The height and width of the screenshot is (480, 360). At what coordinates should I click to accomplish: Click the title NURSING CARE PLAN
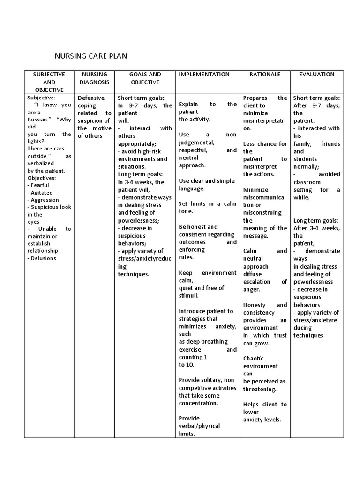click(91, 56)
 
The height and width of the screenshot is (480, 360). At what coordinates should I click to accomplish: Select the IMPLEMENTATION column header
click(204, 75)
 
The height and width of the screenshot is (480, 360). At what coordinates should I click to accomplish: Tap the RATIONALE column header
click(265, 75)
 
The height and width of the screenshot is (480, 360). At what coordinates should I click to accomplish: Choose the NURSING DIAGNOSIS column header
click(94, 78)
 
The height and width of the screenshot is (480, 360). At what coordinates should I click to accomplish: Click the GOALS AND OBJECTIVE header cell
click(145, 78)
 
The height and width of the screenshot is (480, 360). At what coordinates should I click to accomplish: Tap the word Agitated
click(42, 193)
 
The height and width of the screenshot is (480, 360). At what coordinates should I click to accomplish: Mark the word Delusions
click(44, 258)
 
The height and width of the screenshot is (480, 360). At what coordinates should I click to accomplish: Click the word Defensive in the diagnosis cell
click(91, 98)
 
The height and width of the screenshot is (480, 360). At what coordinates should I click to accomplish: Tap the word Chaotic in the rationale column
click(254, 358)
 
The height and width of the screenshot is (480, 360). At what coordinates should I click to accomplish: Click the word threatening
click(260, 389)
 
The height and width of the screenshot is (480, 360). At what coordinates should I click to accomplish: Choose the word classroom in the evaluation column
click(307, 182)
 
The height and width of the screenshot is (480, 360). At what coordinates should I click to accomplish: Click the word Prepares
click(255, 98)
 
